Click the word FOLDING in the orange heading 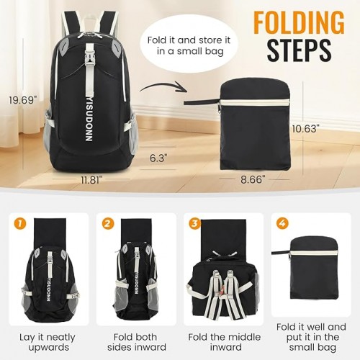coord(299,24)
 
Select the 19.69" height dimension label coord(23,100)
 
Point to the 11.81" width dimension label coord(90,180)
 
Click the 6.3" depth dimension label coord(158,158)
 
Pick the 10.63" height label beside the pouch coord(306,129)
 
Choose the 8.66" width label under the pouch coord(253,179)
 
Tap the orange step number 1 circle coord(20,223)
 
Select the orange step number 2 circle coord(107,223)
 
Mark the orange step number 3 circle coord(195,223)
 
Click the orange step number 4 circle coord(282,223)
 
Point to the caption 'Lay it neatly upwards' coord(48,343)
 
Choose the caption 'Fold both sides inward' coord(136,343)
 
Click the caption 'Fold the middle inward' coord(225,343)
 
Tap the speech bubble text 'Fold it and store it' coord(189,40)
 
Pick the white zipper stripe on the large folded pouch coord(255,103)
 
